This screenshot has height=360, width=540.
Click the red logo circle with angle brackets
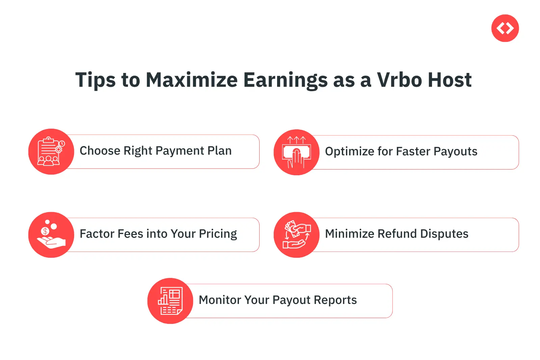[505, 28]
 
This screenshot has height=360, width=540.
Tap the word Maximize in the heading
[192, 80]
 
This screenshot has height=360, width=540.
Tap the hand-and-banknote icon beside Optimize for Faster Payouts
[297, 152]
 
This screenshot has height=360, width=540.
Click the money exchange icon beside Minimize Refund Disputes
[297, 234]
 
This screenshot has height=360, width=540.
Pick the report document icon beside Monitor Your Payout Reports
[170, 301]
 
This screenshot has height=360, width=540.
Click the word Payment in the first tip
[180, 151]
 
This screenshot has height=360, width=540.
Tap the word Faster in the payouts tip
[413, 152]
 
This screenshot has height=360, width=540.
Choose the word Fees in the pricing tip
[130, 234]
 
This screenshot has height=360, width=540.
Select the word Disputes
[444, 234]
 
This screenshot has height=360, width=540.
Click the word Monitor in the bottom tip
[220, 300]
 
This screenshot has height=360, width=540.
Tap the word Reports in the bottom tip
[335, 301]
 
